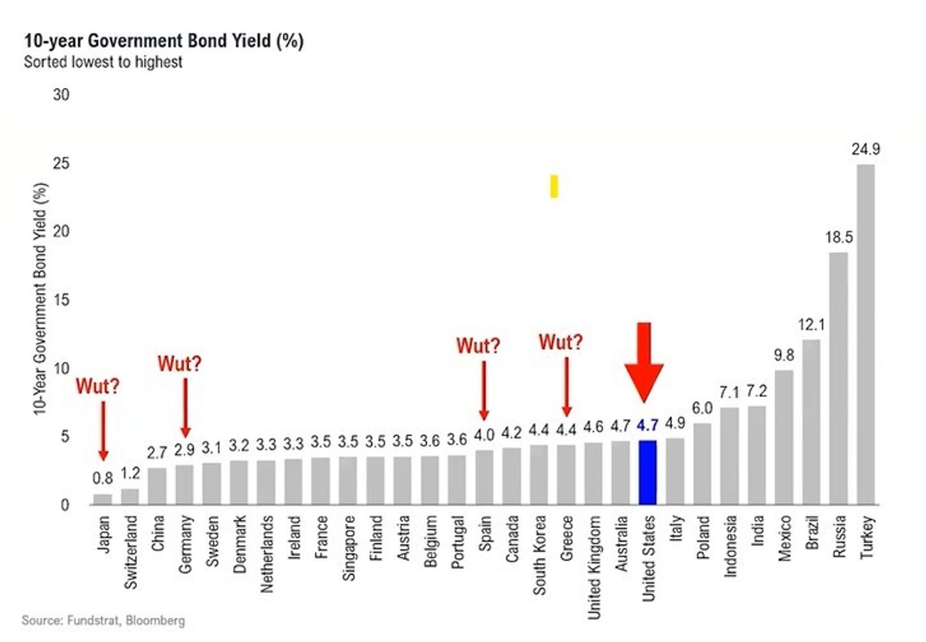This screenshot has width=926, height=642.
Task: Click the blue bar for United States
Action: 647,472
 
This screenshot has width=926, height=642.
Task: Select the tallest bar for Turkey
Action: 866,334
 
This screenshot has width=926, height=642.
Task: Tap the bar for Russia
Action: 839,378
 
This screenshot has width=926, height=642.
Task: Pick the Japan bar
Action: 103,499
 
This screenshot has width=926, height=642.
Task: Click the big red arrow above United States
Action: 643,361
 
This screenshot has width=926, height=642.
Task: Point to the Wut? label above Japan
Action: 97,386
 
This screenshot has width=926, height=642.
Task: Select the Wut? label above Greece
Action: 561,342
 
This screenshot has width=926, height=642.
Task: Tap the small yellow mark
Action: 554,186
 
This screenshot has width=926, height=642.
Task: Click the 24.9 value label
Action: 866,150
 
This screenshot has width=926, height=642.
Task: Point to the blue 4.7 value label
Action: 647,425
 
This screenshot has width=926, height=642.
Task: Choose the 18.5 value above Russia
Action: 839,237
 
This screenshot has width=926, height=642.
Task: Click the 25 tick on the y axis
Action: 61,163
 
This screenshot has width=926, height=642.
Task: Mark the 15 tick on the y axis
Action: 61,300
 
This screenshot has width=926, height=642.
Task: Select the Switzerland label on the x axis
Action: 131,552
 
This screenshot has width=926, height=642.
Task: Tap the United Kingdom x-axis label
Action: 594,567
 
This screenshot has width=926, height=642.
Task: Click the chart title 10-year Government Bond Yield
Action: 163,41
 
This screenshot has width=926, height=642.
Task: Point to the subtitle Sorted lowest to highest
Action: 103,62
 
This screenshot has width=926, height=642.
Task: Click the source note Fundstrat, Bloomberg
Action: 103,620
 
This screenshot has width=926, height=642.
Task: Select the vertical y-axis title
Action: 40,299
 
